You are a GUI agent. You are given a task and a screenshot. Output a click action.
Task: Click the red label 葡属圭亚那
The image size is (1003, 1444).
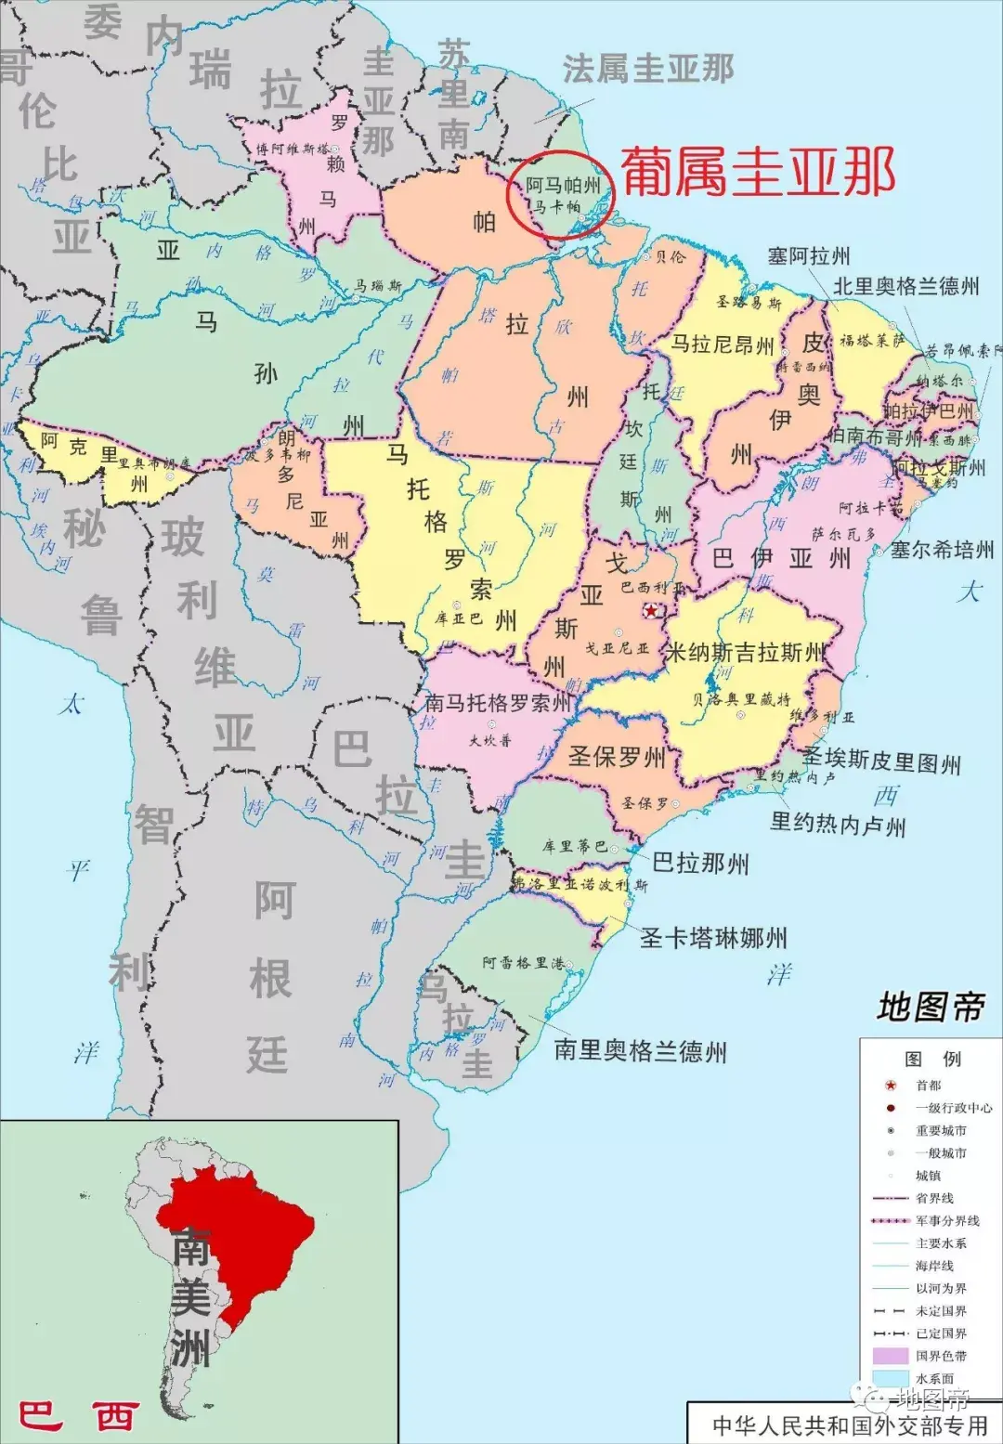[x=758, y=172]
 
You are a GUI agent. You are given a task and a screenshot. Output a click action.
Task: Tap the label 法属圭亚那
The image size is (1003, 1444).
[x=648, y=69]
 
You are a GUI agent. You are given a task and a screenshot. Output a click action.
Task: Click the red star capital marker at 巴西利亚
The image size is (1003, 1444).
[x=653, y=610]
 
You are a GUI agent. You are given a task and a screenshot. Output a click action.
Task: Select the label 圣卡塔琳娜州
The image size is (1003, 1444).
[x=713, y=938]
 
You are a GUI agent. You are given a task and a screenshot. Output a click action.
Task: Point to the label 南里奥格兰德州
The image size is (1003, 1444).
[x=640, y=1051]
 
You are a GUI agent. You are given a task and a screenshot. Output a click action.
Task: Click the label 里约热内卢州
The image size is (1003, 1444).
[x=838, y=824]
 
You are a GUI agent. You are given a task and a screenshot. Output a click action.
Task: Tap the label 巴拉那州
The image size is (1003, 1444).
[x=700, y=864]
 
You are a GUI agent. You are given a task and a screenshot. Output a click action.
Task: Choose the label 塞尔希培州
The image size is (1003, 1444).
[x=942, y=550]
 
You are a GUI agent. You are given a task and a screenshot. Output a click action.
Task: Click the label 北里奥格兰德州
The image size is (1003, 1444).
[x=905, y=286]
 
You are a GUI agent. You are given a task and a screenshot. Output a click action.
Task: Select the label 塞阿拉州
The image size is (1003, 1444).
[x=808, y=256]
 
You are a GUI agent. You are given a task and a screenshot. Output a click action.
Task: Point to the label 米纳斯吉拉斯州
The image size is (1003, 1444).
[x=746, y=652]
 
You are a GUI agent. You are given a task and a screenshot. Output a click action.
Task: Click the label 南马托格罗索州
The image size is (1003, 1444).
[x=498, y=703]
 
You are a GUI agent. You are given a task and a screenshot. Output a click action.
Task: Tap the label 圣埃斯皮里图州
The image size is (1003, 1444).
[x=881, y=761]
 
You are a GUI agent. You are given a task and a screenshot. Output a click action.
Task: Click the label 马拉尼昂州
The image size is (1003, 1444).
[x=723, y=345]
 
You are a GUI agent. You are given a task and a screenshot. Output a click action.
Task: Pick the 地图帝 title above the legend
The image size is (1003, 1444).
[x=931, y=1007]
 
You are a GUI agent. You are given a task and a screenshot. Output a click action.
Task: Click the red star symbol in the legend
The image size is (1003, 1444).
[x=891, y=1085]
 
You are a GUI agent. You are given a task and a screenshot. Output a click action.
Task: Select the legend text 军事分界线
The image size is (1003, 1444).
[x=947, y=1220]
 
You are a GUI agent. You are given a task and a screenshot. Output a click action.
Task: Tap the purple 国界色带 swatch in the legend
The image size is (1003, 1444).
[x=890, y=1356]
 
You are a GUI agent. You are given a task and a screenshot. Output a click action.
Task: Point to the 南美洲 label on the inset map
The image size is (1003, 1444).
[x=190, y=1296]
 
